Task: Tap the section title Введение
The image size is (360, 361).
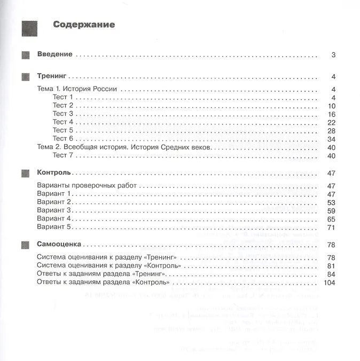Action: pyautogui.click(x=55, y=54)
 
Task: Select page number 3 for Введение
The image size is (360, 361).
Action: pyautogui.click(x=333, y=55)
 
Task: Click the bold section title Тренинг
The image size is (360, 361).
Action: pyautogui.click(x=54, y=76)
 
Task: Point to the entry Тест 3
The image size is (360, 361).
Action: pyautogui.click(x=60, y=114)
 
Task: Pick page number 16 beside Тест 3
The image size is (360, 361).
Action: pyautogui.click(x=331, y=114)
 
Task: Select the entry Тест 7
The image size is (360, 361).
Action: pyautogui.click(x=60, y=156)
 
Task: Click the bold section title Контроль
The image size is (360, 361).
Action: pyautogui.click(x=55, y=173)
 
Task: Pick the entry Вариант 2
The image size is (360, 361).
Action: pyautogui.click(x=54, y=202)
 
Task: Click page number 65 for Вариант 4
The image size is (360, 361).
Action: pyautogui.click(x=331, y=219)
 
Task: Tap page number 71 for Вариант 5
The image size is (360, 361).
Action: pyautogui.click(x=331, y=227)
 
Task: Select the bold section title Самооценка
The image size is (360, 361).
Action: pyautogui.click(x=59, y=244)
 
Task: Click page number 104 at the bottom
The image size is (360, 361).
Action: pyautogui.click(x=328, y=282)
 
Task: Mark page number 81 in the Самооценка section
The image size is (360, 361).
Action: pyautogui.click(x=331, y=265)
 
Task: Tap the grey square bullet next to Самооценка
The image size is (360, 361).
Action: pyautogui.click(x=25, y=245)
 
